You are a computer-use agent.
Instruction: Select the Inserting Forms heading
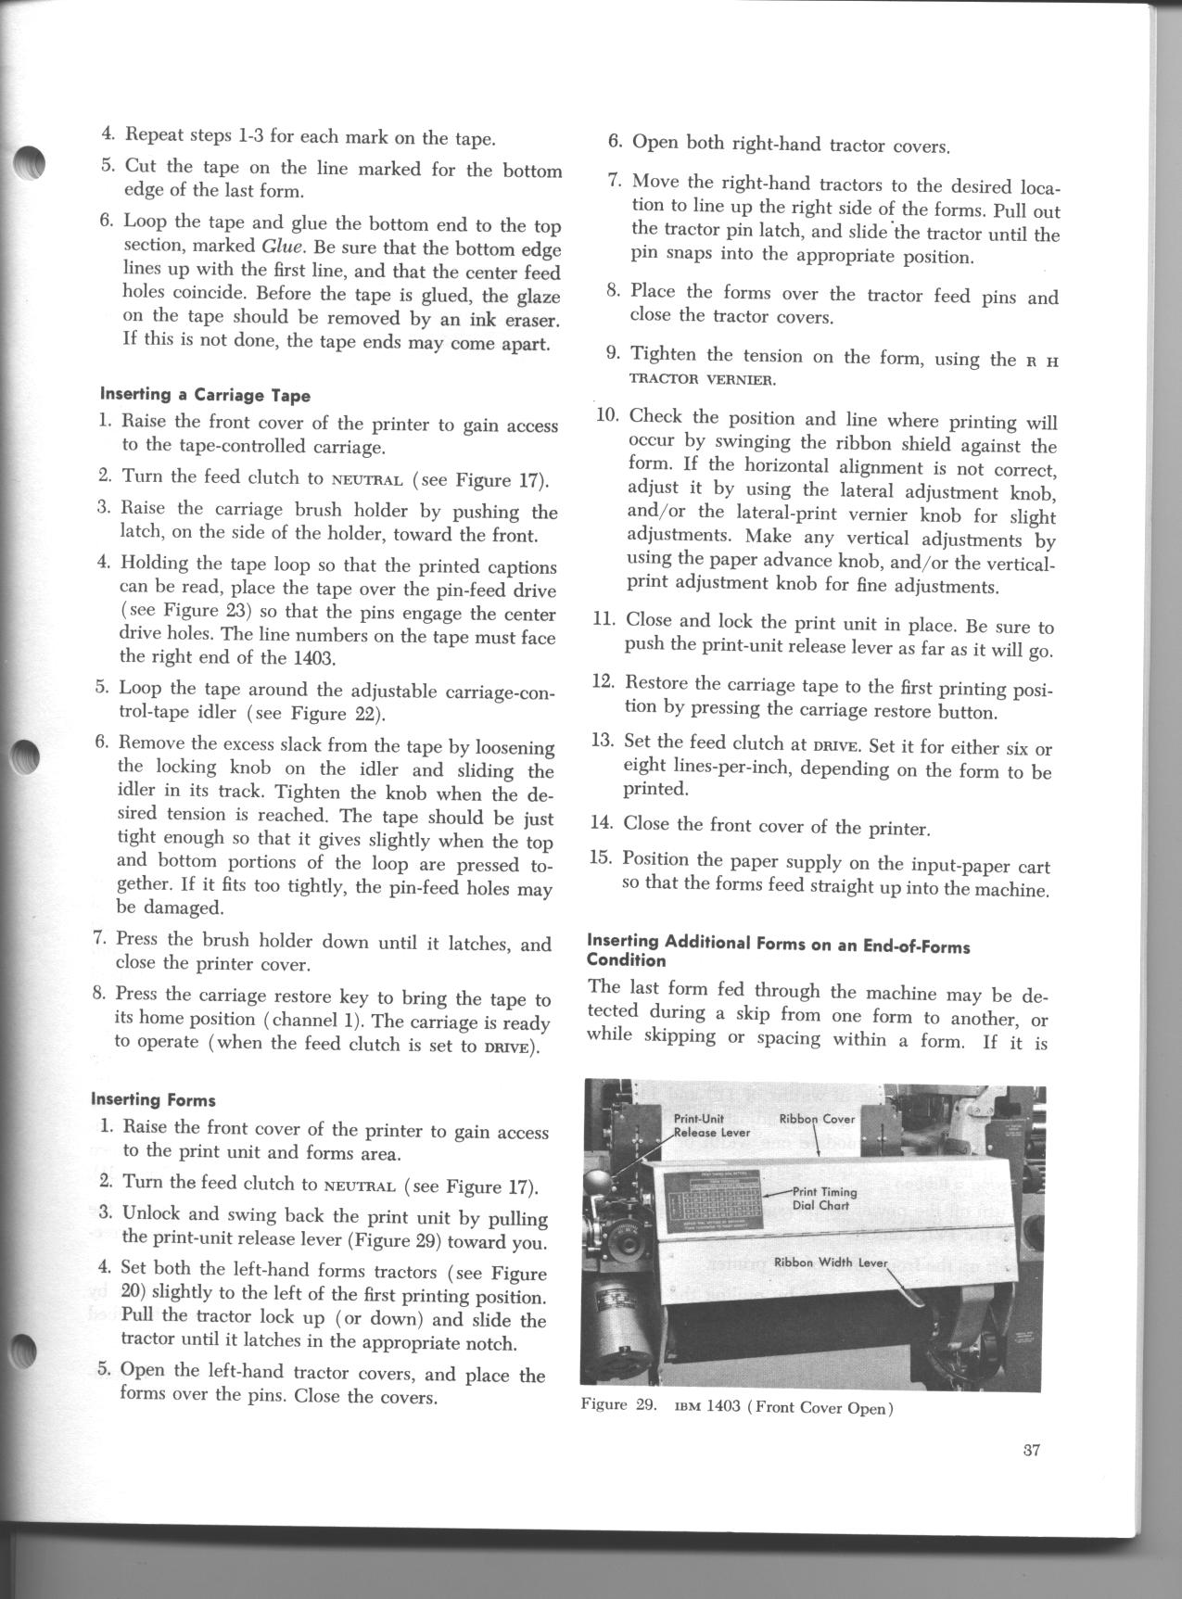(153, 1100)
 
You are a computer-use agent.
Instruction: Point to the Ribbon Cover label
(817, 1119)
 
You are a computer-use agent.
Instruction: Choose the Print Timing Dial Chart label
(825, 1199)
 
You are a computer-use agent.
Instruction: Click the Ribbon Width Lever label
(831, 1262)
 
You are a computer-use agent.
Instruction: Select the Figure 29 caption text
(736, 1407)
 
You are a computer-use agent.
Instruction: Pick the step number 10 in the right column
(607, 414)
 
